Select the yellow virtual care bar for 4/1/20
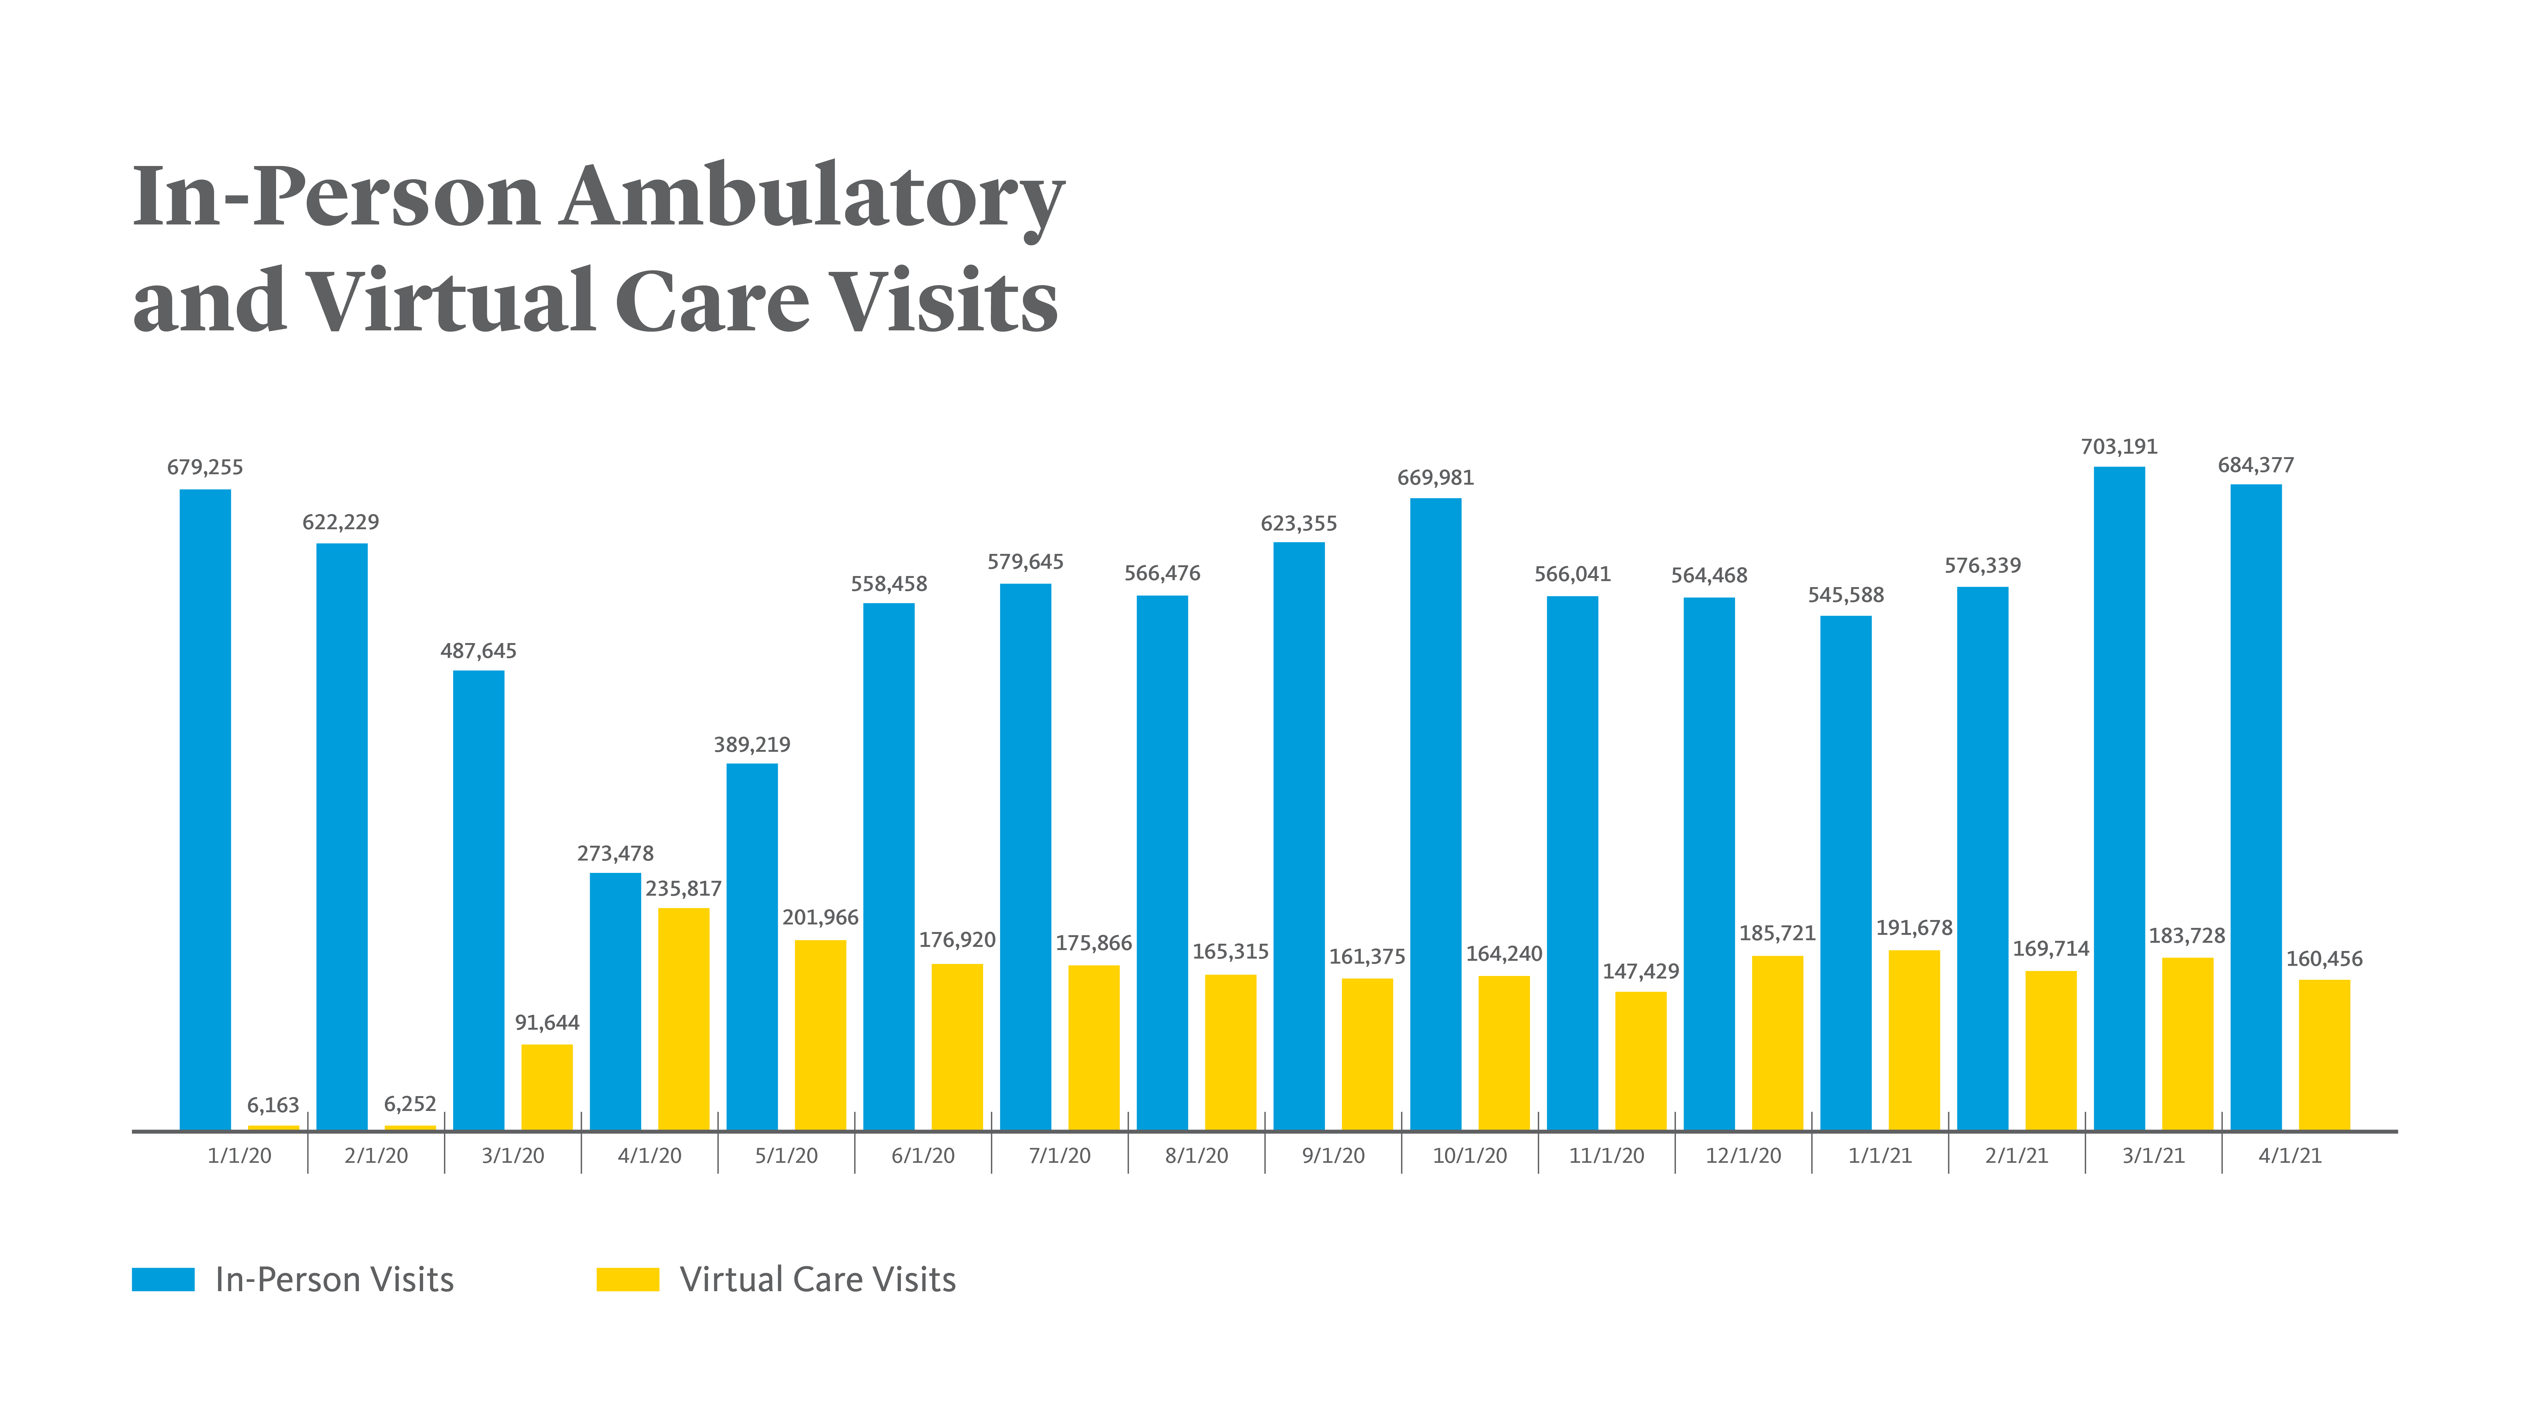click(x=684, y=1019)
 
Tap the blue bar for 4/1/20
click(x=615, y=1002)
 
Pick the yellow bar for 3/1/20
click(x=547, y=1087)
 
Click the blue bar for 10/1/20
click(x=1436, y=814)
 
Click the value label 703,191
click(x=2120, y=447)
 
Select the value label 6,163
click(x=273, y=1106)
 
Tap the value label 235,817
click(x=684, y=889)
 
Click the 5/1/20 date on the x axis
click(x=787, y=1156)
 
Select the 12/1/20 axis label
click(x=1743, y=1156)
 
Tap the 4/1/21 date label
click(x=2290, y=1156)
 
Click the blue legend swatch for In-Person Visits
click(x=163, y=1279)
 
